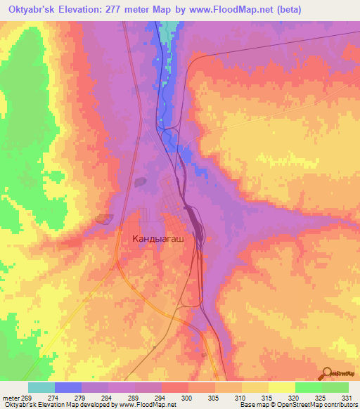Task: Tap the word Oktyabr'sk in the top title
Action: (x=32, y=10)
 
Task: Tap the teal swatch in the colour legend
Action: (x=41, y=387)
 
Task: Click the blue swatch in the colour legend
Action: (x=68, y=387)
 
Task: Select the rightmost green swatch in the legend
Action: (x=335, y=387)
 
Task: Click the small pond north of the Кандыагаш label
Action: (x=141, y=182)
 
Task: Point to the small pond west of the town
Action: (x=105, y=219)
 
